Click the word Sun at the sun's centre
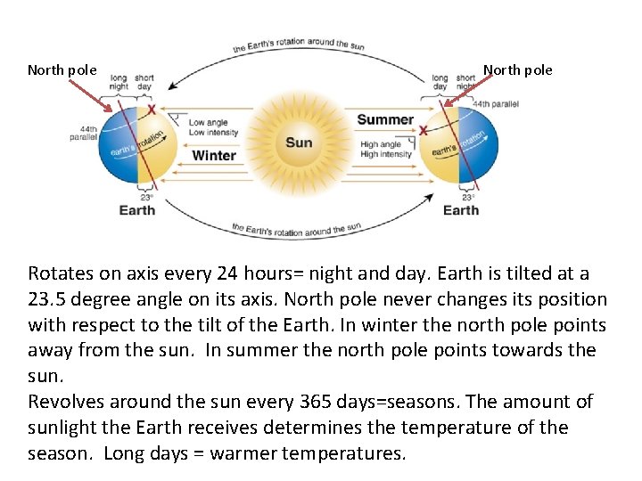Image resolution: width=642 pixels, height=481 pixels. pos(299,143)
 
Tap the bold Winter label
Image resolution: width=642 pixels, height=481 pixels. pos(214,155)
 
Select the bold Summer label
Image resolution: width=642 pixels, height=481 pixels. pos(385,119)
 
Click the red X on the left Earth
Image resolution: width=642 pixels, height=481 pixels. pos(152,110)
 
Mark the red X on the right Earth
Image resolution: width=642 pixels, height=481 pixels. pos(423,131)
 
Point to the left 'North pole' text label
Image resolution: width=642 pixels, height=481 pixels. pos(62,69)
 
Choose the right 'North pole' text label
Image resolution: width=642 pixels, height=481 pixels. pos(518,69)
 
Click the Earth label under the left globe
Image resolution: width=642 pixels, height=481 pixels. pos(137,210)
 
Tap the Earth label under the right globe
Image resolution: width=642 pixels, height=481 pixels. pos(461,210)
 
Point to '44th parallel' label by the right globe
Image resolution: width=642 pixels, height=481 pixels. pos(496,104)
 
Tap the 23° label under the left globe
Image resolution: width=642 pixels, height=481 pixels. pos(144,197)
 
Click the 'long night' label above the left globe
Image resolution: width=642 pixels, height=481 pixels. pos(119,83)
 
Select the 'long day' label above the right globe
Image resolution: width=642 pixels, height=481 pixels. pos(440,83)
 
